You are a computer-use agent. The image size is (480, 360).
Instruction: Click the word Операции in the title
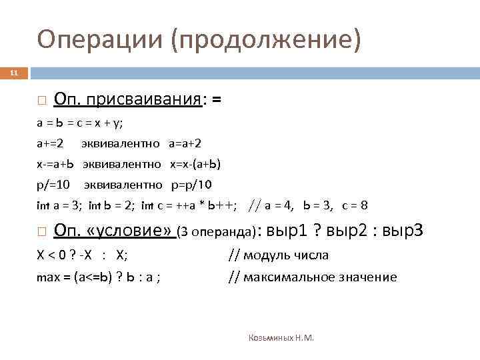point(99,39)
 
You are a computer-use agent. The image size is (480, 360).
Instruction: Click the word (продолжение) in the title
point(267,40)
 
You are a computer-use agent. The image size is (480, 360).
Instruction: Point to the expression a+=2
point(50,143)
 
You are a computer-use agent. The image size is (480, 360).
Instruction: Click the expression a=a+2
point(185,143)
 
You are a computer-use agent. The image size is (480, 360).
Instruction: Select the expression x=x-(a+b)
point(195,164)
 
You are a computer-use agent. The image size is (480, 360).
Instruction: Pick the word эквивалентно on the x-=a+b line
point(122,164)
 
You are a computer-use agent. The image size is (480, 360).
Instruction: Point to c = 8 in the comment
point(355,205)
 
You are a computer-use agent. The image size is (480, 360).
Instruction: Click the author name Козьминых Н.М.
point(281,338)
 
